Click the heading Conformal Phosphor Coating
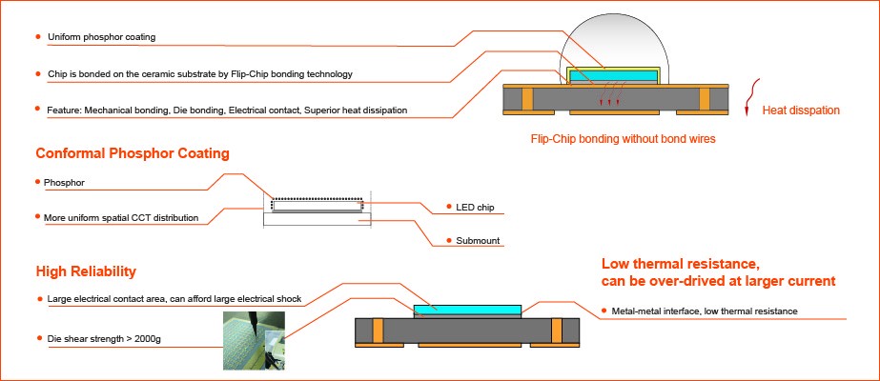click(x=132, y=153)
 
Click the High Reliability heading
click(x=86, y=271)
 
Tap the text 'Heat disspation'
click(x=801, y=110)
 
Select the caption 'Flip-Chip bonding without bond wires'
click(x=623, y=138)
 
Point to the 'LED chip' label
click(x=475, y=207)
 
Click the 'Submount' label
click(x=477, y=241)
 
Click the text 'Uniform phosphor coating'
click(x=101, y=37)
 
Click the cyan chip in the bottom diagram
click(x=467, y=310)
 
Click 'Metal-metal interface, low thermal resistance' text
click(x=704, y=311)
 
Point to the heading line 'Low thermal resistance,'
click(x=680, y=263)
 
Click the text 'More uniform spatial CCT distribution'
click(x=121, y=218)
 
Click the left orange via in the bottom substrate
click(x=379, y=331)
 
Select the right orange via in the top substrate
click(x=706, y=98)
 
